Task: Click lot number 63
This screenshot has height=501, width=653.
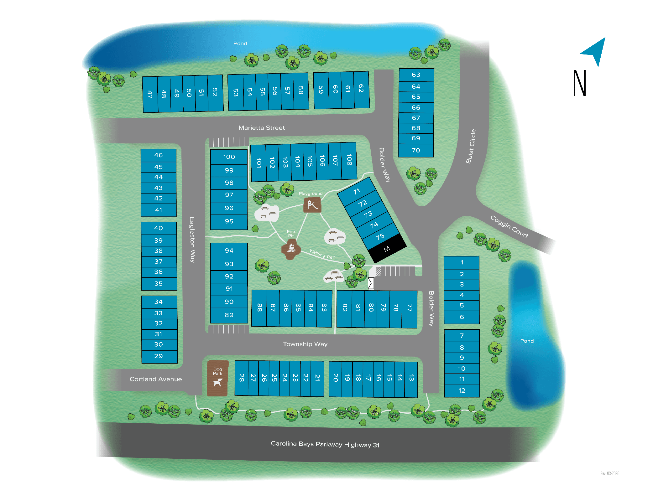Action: click(416, 75)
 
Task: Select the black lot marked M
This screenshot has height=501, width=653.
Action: click(387, 249)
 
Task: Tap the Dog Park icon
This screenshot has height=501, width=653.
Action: click(217, 382)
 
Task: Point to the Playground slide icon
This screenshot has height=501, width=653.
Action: click(312, 205)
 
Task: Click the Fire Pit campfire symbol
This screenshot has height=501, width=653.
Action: click(291, 248)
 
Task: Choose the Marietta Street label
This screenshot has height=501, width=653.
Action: click(262, 128)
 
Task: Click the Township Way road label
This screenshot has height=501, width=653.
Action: click(305, 344)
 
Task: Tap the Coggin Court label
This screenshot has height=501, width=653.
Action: click(509, 226)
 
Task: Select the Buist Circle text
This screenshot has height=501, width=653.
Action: click(471, 146)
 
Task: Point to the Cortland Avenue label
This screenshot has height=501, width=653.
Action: click(155, 379)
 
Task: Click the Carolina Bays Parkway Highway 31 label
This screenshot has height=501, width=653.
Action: click(325, 444)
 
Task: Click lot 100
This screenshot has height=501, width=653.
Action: click(229, 157)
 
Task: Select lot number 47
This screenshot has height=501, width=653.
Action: click(150, 94)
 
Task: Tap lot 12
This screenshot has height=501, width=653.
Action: click(462, 390)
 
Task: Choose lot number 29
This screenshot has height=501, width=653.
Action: click(159, 356)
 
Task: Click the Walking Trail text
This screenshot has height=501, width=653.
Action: click(322, 254)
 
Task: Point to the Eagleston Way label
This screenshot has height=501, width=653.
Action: click(192, 240)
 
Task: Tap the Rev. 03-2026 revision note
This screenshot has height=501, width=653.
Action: click(609, 473)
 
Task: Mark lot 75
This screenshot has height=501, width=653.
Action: click(380, 237)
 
